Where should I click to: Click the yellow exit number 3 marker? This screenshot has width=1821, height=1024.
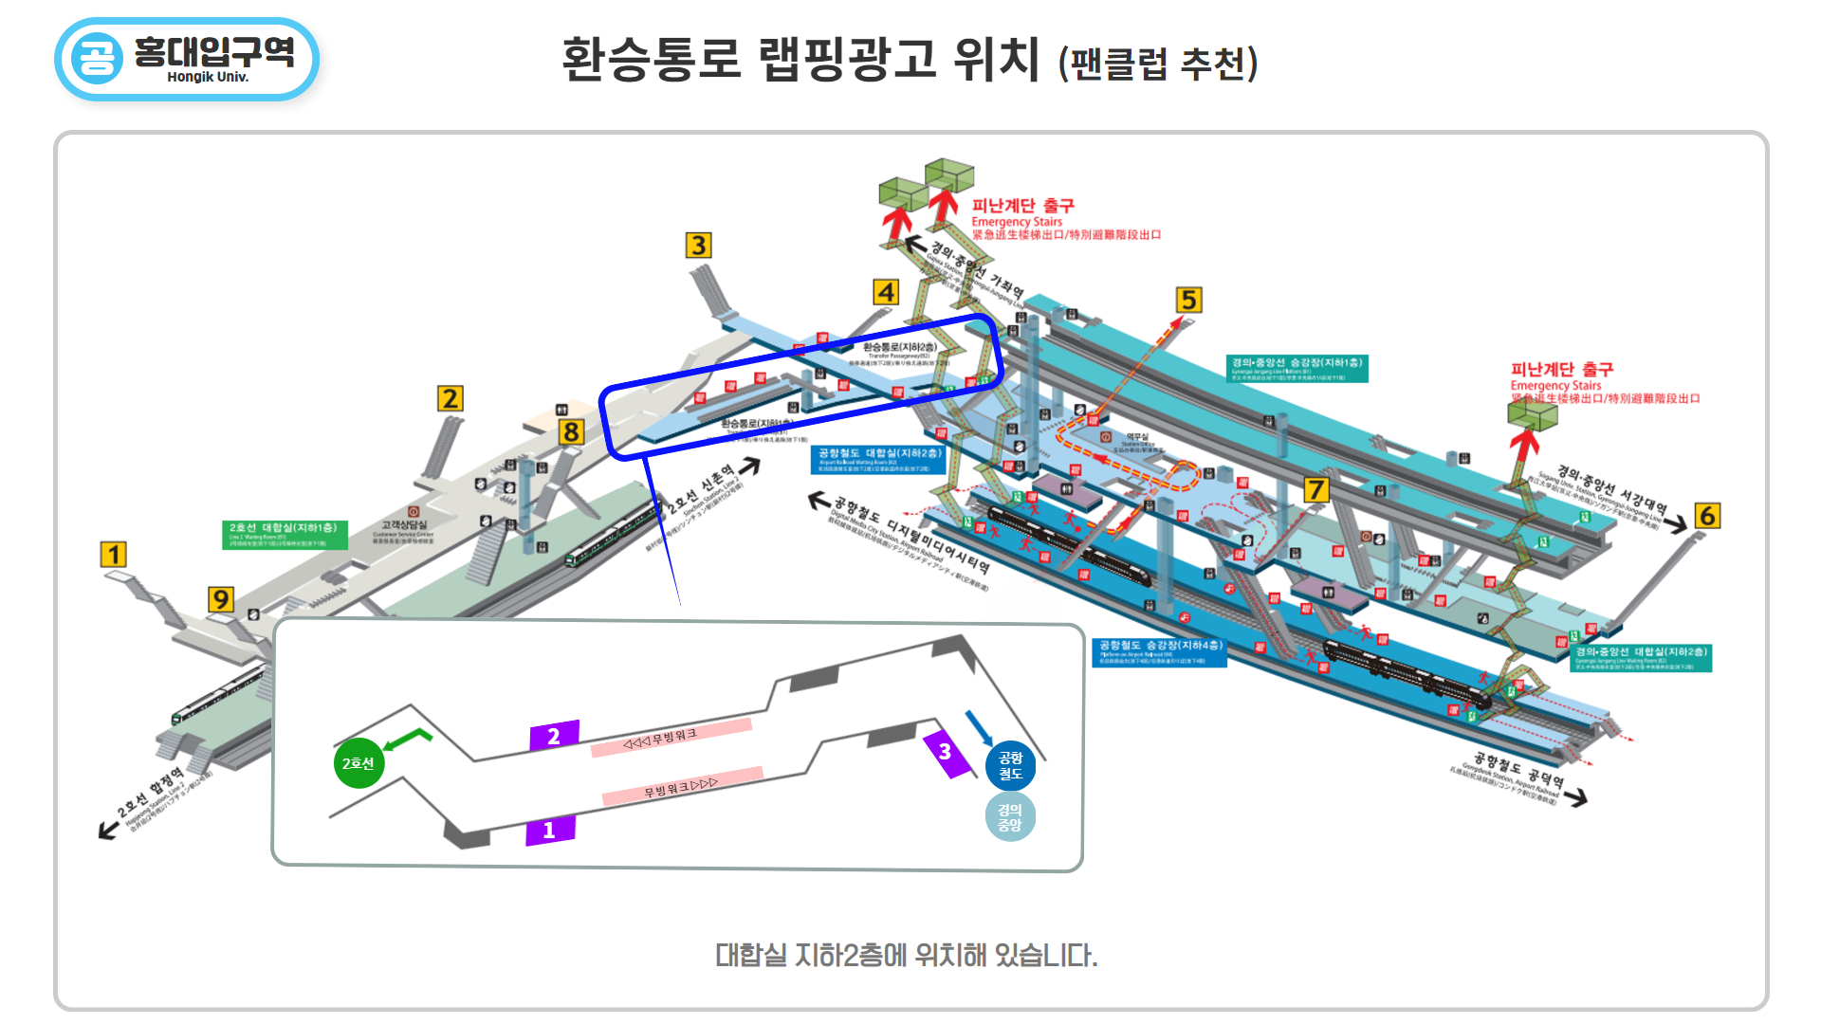pyautogui.click(x=698, y=246)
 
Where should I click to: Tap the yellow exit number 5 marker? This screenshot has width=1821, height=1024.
pyautogui.click(x=1188, y=301)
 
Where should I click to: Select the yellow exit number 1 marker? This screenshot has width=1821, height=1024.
pyautogui.click(x=114, y=555)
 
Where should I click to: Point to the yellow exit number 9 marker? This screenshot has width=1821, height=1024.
pyautogui.click(x=220, y=599)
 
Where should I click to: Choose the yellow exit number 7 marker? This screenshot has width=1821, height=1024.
pyautogui.click(x=1315, y=490)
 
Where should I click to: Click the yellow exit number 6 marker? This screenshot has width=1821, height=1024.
pyautogui.click(x=1707, y=516)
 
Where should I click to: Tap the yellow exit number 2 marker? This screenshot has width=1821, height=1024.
pyautogui.click(x=450, y=398)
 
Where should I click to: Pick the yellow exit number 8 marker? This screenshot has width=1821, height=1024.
pyautogui.click(x=570, y=432)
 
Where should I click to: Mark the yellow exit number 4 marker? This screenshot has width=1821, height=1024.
pyautogui.click(x=886, y=292)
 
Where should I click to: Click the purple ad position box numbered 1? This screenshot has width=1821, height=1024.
pyautogui.click(x=550, y=830)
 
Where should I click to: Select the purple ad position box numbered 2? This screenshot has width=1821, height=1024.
pyautogui.click(x=554, y=736)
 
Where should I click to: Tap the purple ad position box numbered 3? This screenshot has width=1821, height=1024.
pyautogui.click(x=947, y=753)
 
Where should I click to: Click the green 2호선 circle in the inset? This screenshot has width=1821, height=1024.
pyautogui.click(x=359, y=763)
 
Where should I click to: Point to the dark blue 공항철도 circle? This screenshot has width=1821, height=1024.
pyautogui.click(x=1010, y=765)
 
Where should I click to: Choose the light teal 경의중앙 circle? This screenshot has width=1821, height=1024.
pyautogui.click(x=1010, y=816)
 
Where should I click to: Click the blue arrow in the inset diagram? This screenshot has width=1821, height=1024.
pyautogui.click(x=979, y=727)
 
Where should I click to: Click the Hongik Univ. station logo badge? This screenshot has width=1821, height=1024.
pyautogui.click(x=187, y=59)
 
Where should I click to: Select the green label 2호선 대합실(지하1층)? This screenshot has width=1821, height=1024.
pyautogui.click(x=285, y=534)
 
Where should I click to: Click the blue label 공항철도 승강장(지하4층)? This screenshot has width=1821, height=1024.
pyautogui.click(x=1159, y=652)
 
